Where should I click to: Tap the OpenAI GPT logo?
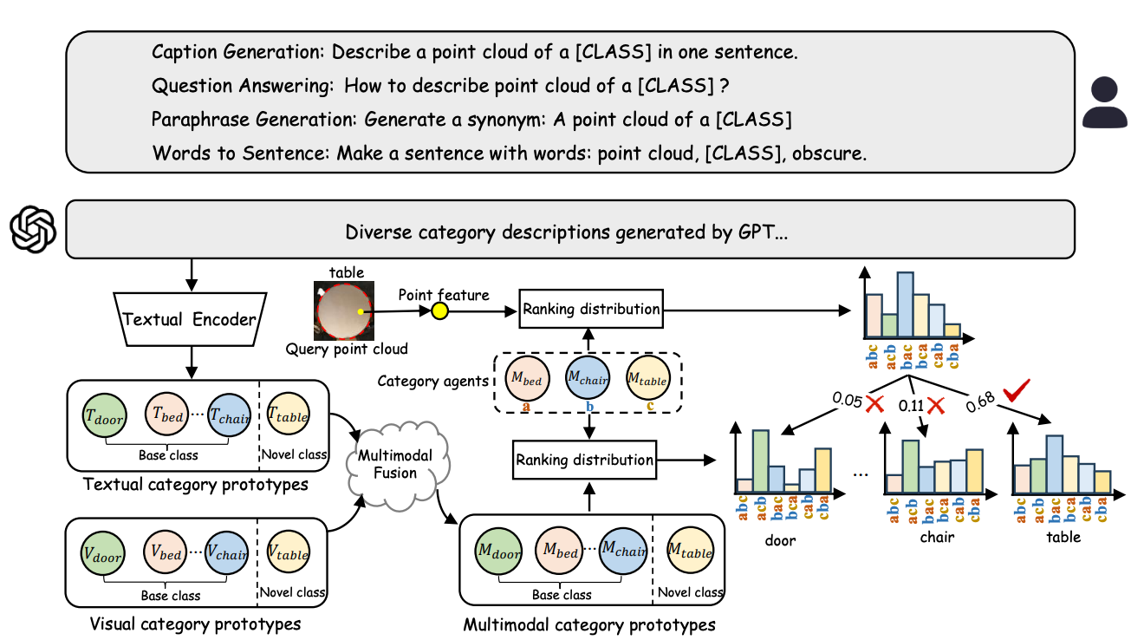(x=33, y=229)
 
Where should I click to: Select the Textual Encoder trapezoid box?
(x=190, y=319)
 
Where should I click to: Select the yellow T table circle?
(x=288, y=416)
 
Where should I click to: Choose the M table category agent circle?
(x=648, y=379)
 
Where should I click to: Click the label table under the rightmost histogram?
(x=1063, y=537)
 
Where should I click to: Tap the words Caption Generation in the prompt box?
(x=232, y=52)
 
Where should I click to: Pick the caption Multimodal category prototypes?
(x=589, y=624)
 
